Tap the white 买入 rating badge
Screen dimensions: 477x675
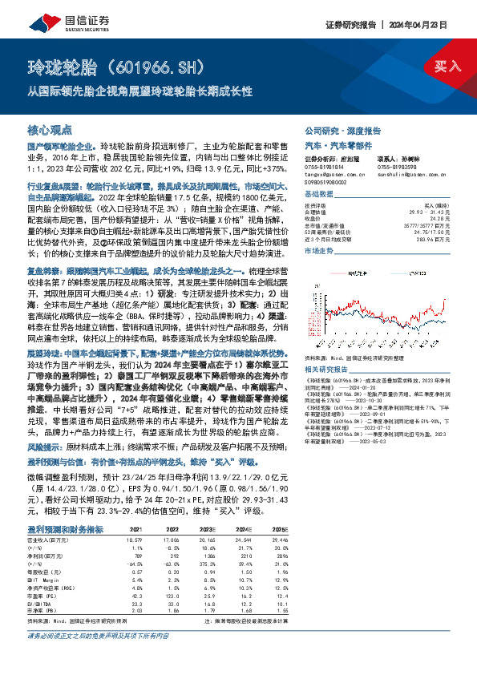click(446, 67)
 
